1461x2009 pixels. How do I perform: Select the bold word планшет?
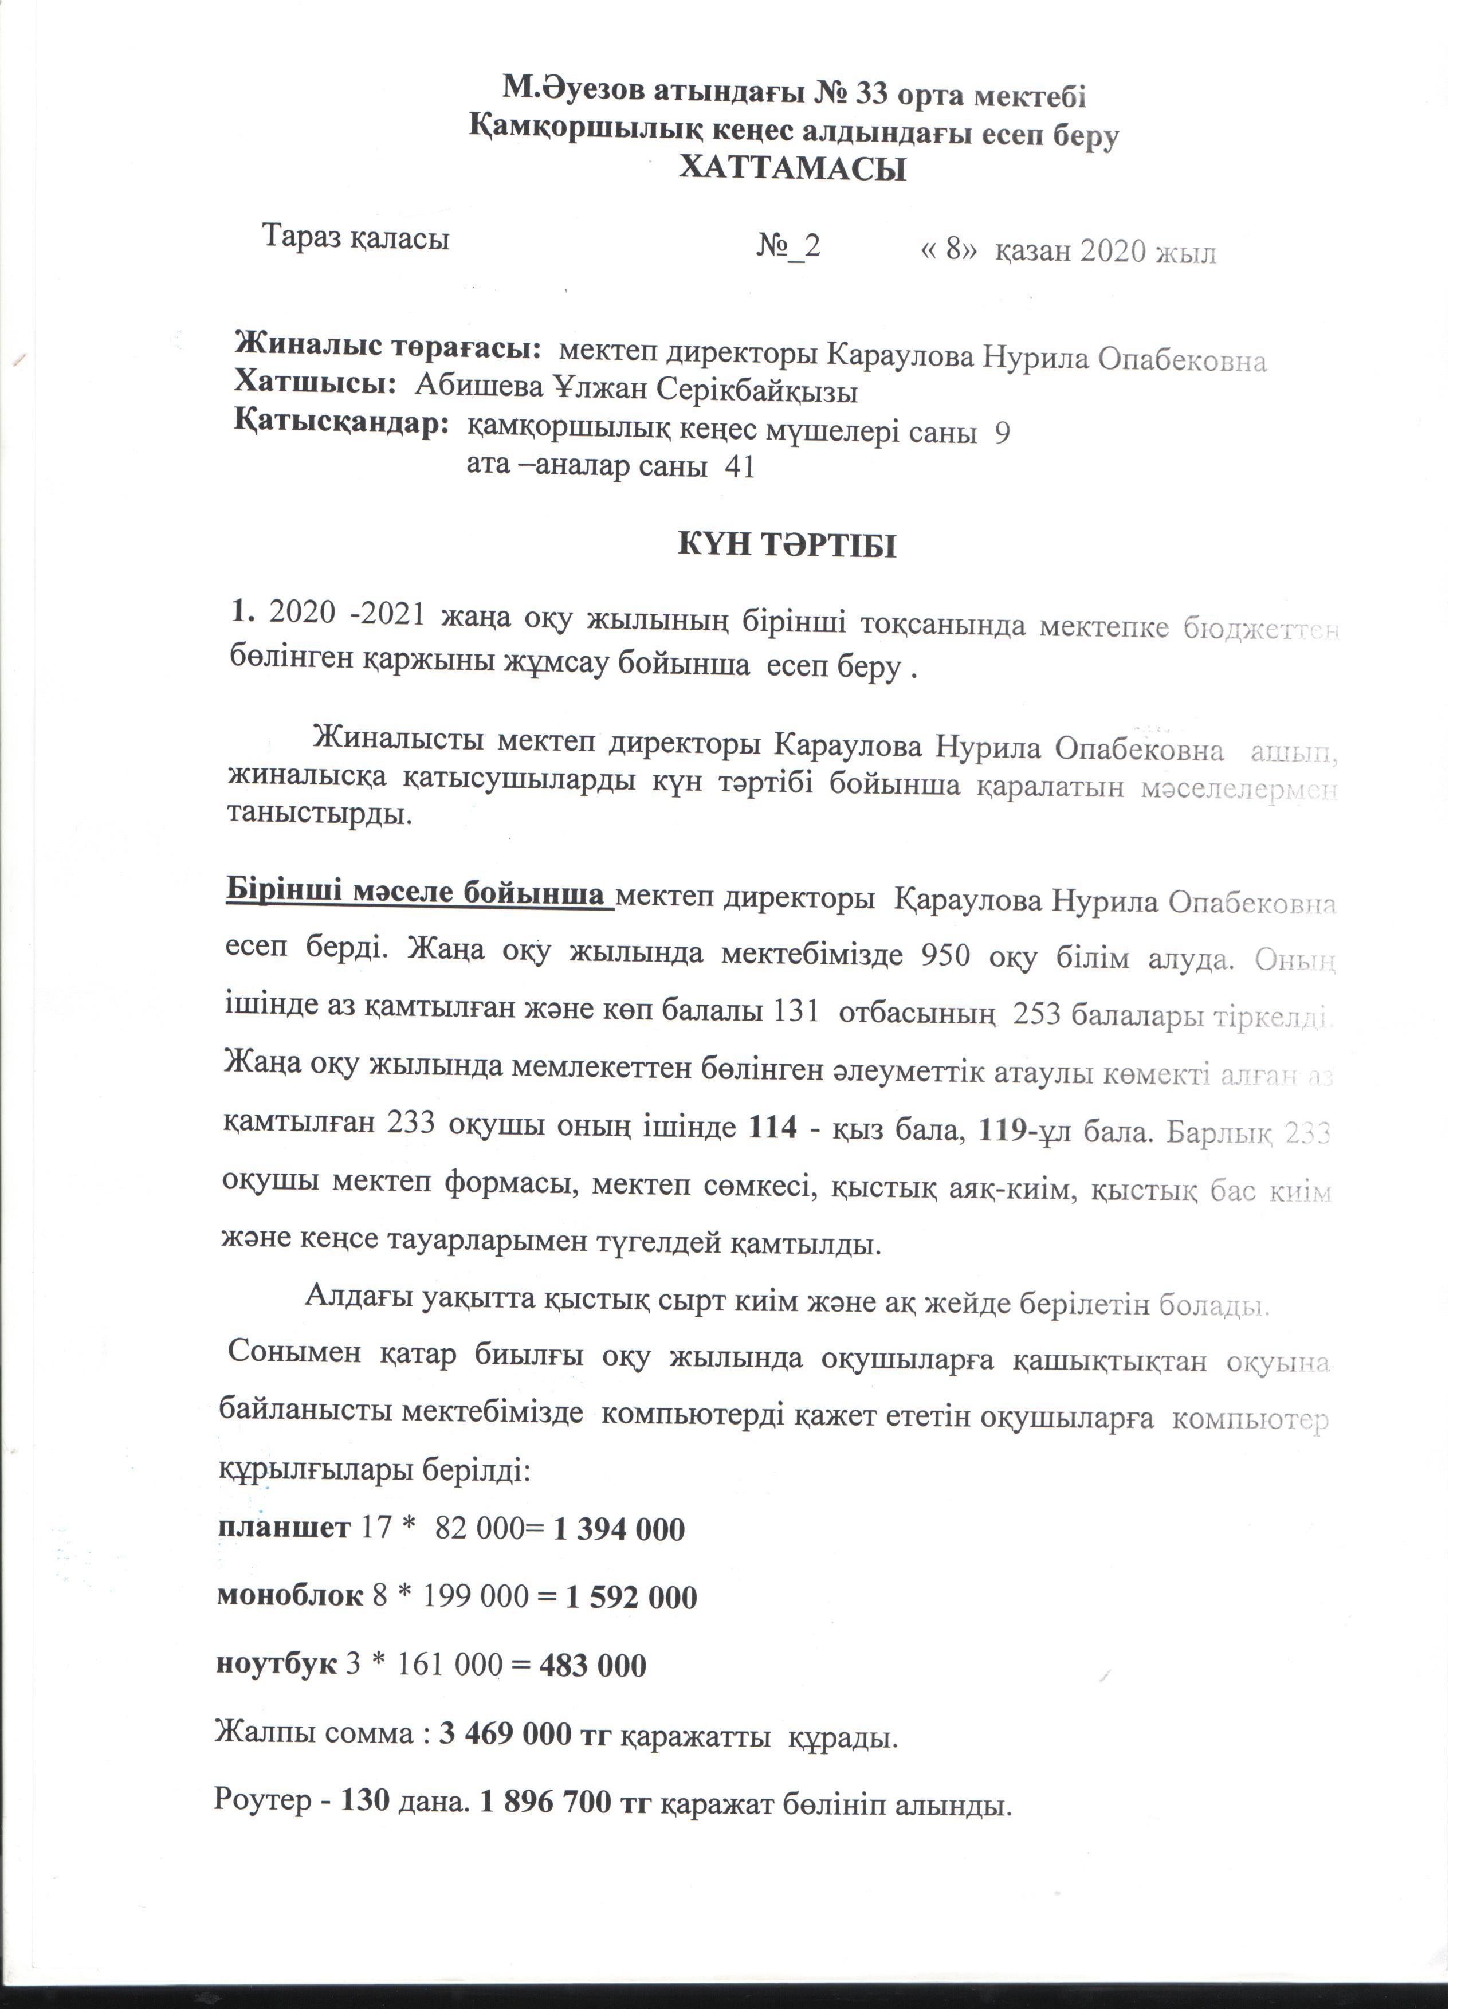[x=284, y=1529]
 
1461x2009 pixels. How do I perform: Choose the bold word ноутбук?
[x=276, y=1665]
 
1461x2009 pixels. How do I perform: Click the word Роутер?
[x=262, y=1800]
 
